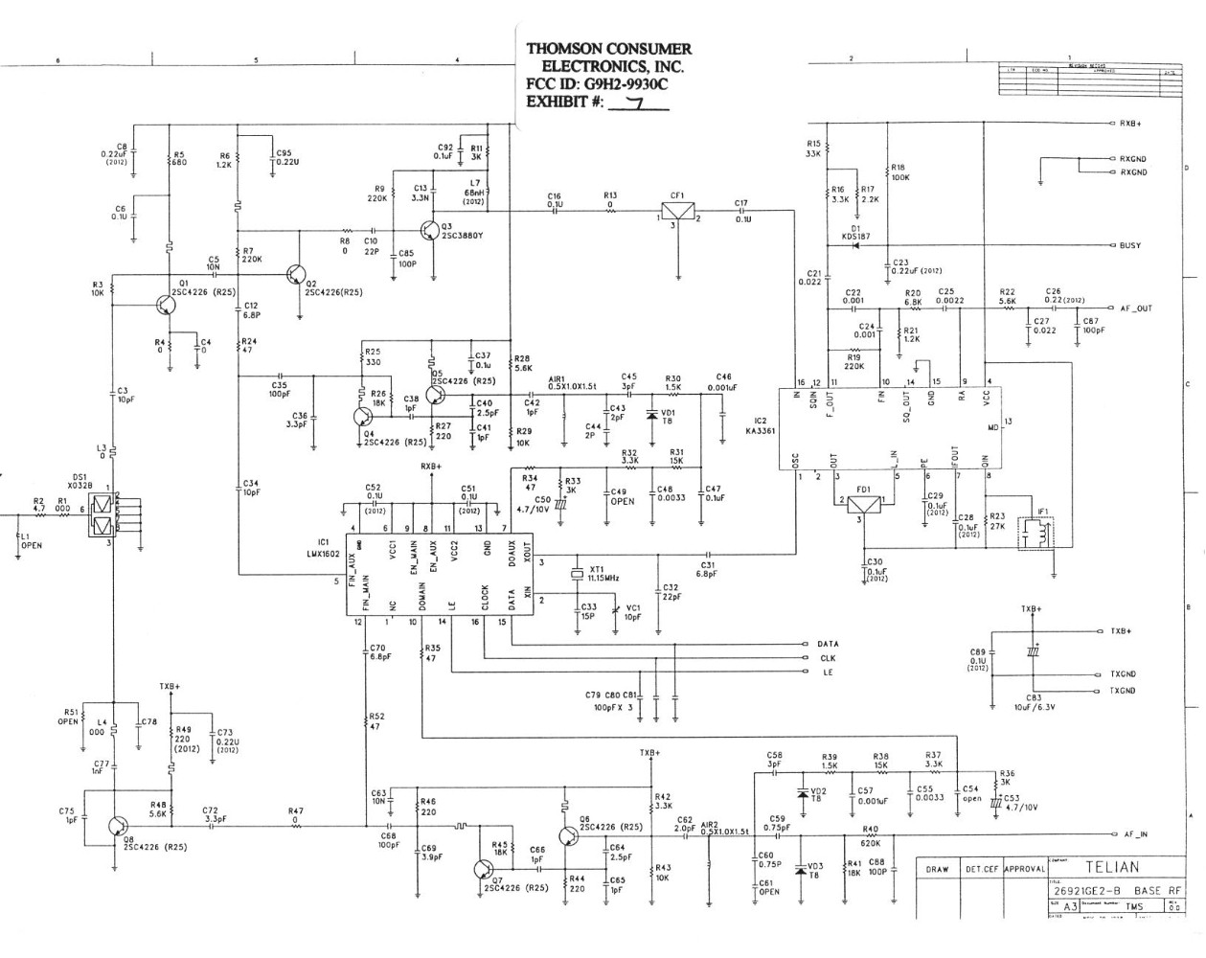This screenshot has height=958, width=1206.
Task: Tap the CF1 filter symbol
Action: (678, 214)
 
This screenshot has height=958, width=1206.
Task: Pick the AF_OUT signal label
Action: (1136, 308)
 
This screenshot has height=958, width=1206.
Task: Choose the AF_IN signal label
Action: (1135, 834)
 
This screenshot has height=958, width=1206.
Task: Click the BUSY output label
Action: (1129, 246)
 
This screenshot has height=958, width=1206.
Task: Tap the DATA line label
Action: (828, 644)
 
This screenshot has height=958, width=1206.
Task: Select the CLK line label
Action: (828, 658)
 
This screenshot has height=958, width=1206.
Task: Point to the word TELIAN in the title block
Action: (1112, 867)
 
